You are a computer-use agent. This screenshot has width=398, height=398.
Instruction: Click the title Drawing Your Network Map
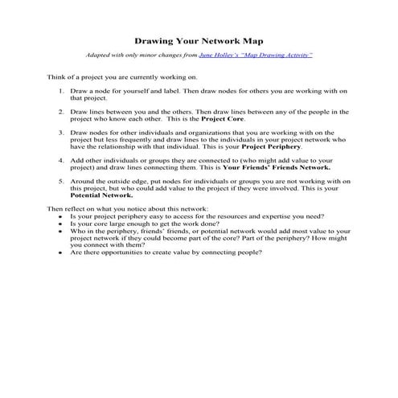(x=198, y=39)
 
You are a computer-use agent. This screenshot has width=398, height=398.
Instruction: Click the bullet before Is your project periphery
(x=62, y=217)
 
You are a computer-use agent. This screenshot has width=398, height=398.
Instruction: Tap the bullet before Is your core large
(x=62, y=224)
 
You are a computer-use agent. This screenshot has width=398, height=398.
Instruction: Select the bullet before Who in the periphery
(x=62, y=232)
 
